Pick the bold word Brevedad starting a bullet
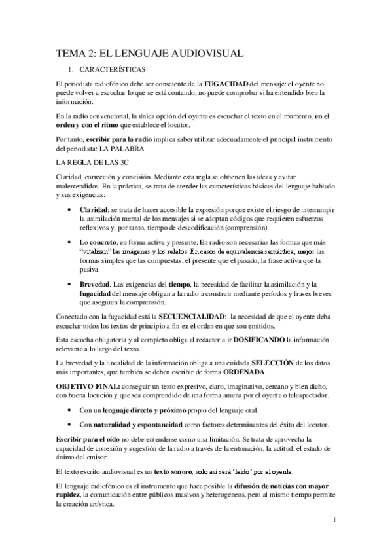tap(94, 284)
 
